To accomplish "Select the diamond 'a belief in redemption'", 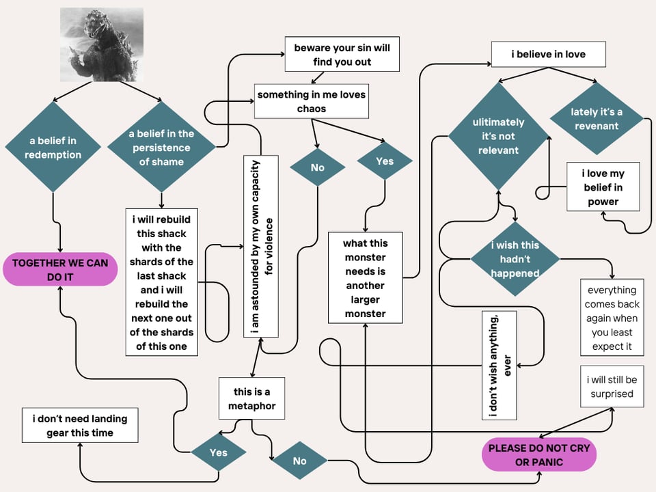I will coord(53,148).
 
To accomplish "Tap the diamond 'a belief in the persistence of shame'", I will coord(161,148).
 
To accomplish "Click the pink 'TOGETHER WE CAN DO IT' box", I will coord(60,270).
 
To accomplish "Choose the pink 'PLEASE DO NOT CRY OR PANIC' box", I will coord(538,456).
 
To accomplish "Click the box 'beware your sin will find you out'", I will coord(342,55).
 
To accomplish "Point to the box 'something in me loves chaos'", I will coord(311,101).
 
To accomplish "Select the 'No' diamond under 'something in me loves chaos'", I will coord(317,167).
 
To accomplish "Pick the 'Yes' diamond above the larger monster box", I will coord(385,161).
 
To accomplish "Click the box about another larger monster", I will coord(365,278).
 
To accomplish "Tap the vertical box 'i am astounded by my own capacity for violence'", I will coord(261,247).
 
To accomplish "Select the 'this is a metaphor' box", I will coord(251,399).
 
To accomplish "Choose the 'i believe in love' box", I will coord(548,54).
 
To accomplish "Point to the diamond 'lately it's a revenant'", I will coord(596,119).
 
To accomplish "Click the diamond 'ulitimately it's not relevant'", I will coord(498,136).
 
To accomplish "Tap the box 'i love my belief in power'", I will coord(603,187).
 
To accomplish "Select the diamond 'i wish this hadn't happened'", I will coord(515,259).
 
